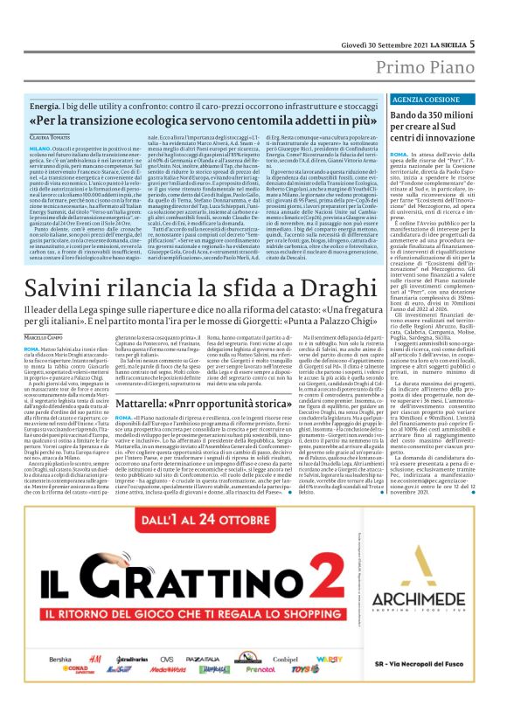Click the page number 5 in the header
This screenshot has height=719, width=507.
[473, 18]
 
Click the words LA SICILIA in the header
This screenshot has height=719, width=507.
[441, 19]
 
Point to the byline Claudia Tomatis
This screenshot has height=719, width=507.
[51, 138]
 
